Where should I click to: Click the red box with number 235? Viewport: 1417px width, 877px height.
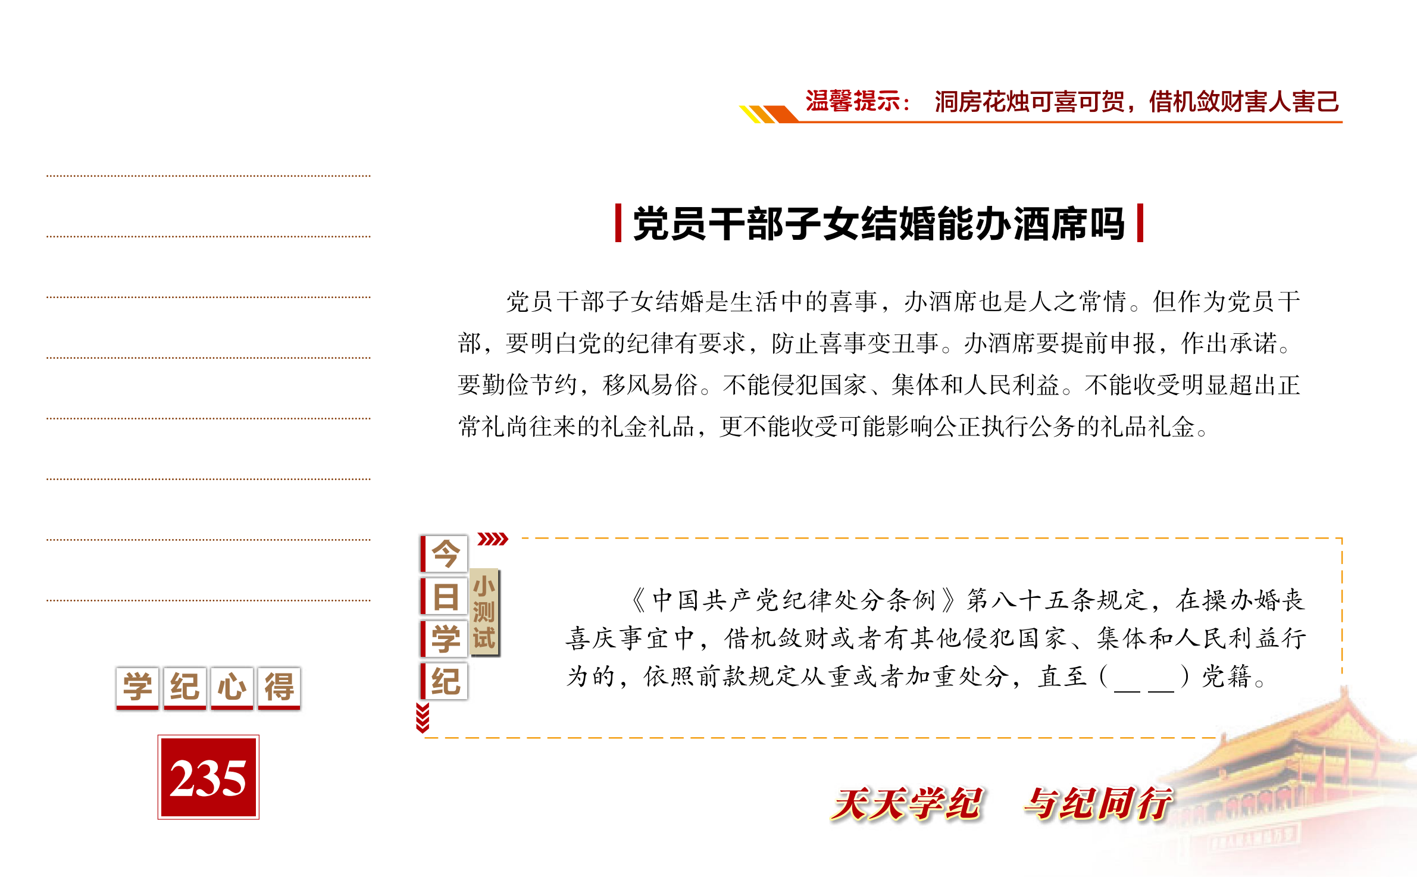(208, 777)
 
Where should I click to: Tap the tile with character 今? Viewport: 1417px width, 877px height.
(444, 554)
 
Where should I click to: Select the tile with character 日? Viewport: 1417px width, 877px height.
(444, 596)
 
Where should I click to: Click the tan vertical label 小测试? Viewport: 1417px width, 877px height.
(484, 612)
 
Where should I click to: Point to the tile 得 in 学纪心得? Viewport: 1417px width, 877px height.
(279, 688)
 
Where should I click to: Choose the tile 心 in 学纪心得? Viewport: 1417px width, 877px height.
(232, 688)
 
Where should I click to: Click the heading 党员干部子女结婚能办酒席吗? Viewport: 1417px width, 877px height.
(878, 224)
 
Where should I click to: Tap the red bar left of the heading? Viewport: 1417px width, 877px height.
(618, 223)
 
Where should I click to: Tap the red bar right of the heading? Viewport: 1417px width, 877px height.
(1140, 223)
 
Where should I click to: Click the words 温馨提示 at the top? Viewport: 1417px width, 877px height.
(853, 101)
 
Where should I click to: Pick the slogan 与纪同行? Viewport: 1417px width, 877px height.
(1098, 804)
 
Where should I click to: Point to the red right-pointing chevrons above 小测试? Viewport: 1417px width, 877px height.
(493, 539)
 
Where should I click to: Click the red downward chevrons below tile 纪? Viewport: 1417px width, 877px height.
(423, 718)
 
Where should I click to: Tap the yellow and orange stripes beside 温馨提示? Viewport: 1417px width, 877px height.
(768, 114)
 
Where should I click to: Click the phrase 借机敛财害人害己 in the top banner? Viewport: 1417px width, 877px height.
(1244, 102)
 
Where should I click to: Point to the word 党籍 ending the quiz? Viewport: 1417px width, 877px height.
(1227, 677)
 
